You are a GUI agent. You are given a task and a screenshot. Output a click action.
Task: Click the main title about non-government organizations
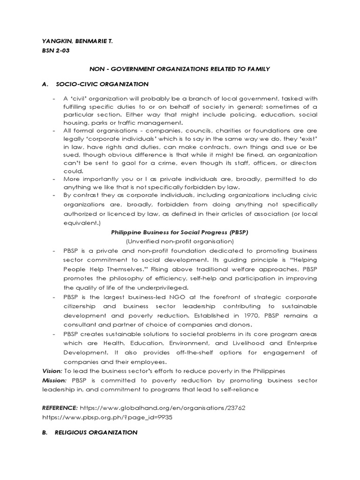(180, 69)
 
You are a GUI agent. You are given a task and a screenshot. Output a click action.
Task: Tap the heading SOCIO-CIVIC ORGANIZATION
(102, 84)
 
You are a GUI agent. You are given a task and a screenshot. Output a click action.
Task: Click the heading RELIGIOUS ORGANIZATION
(96, 433)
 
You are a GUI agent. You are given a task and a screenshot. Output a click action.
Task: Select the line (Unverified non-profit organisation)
(180, 241)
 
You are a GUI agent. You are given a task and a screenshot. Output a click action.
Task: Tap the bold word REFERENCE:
(60, 408)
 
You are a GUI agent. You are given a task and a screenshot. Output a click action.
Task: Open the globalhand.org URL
(162, 408)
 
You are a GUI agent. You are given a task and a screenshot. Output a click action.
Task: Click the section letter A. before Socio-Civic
(45, 84)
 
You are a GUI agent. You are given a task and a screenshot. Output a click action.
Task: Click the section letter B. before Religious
(45, 433)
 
